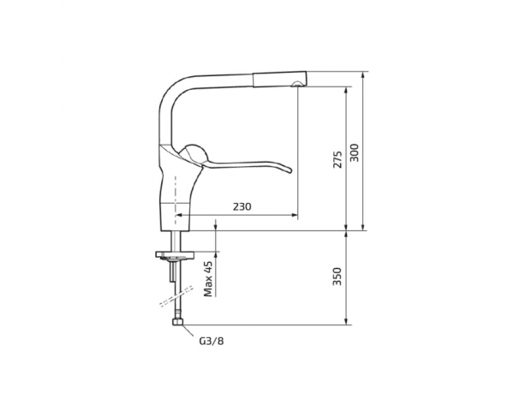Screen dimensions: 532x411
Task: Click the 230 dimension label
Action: tap(242, 206)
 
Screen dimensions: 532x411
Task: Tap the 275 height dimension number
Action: tap(338, 159)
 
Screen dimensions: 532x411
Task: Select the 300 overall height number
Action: tap(354, 152)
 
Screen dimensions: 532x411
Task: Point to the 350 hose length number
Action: tap(337, 277)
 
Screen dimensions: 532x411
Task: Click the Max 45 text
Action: tap(208, 279)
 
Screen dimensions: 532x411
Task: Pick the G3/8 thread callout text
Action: tap(212, 341)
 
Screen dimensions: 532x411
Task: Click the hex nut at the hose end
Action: tap(178, 321)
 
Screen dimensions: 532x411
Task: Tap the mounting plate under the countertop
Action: tap(175, 254)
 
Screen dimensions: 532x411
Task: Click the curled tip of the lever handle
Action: tap(288, 170)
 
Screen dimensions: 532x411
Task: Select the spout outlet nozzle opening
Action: tap(297, 84)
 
